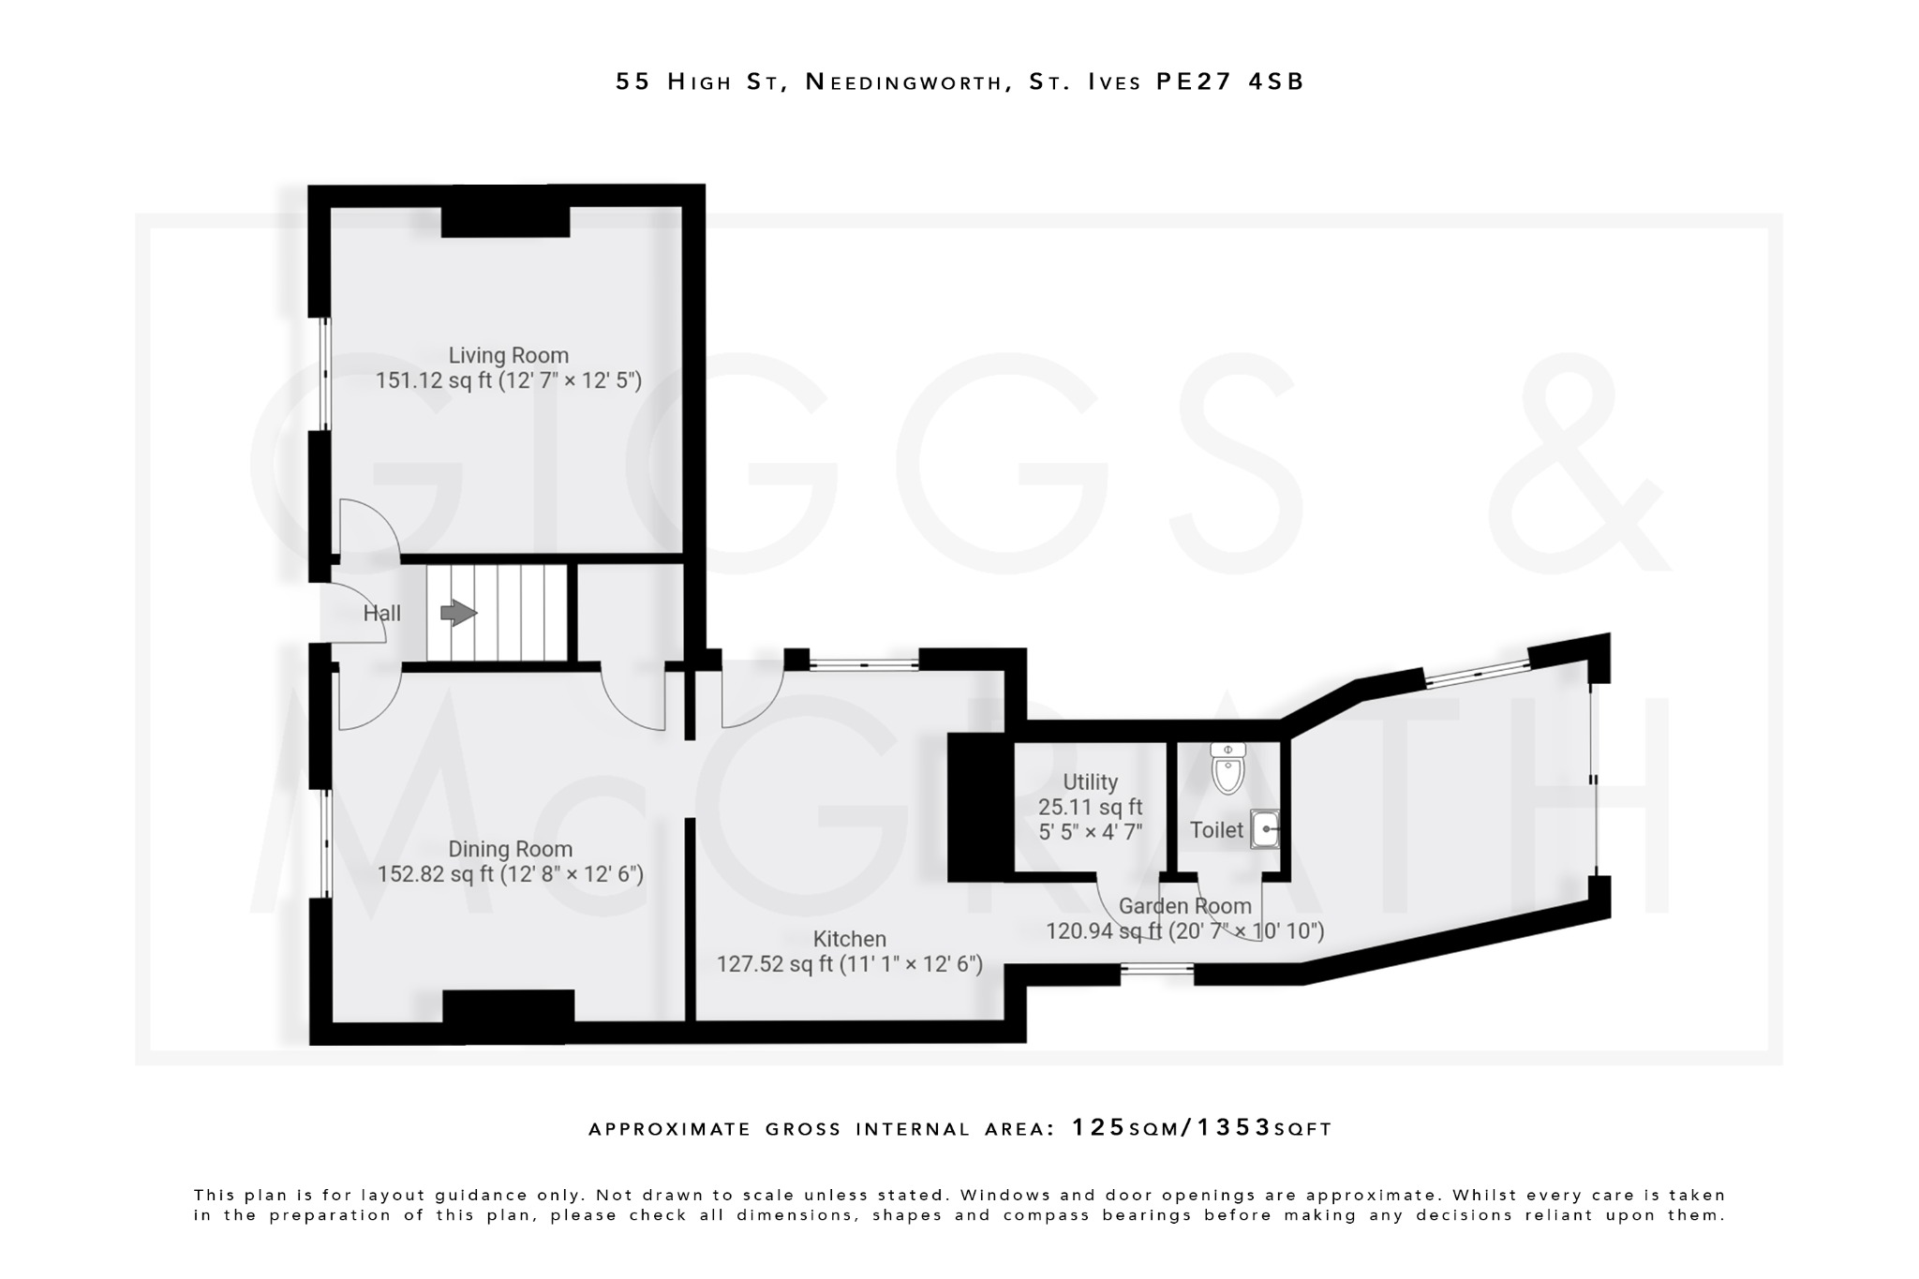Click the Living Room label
tap(508, 355)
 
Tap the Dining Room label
tap(510, 849)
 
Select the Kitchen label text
tap(849, 939)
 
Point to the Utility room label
tap(1090, 781)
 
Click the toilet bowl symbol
tap(1227, 769)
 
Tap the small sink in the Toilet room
tap(1264, 830)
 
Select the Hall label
tap(381, 614)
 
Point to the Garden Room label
tap(1184, 906)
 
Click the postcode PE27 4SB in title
tap(1229, 82)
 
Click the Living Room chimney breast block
tap(505, 222)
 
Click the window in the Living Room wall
tap(324, 374)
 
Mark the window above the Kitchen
tap(863, 664)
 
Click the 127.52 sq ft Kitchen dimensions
tap(849, 964)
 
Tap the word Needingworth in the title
tap(903, 82)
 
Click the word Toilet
tap(1216, 829)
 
